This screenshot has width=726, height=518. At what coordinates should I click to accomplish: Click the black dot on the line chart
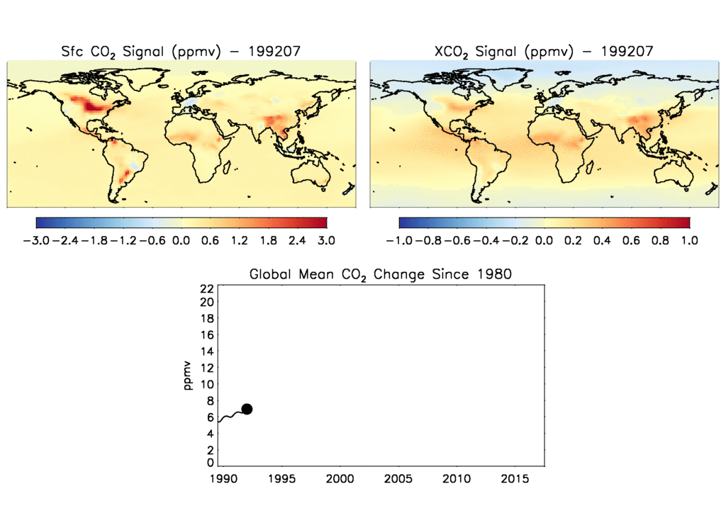[247, 409]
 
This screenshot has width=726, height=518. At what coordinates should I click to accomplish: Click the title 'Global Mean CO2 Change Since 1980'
[380, 274]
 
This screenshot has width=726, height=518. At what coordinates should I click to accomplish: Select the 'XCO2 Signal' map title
[542, 51]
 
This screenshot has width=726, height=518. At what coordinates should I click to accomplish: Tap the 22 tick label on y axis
[207, 288]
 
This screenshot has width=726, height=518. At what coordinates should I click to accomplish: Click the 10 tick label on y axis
[207, 385]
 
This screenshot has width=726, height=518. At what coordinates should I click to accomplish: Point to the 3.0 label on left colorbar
[326, 241]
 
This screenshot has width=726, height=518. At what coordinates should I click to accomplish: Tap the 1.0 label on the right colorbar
[689, 241]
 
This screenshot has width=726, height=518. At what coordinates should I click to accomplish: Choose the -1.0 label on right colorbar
[398, 241]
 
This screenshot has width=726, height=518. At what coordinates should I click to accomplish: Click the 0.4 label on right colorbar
[602, 241]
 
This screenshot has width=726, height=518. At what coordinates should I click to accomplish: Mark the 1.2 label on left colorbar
[239, 241]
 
